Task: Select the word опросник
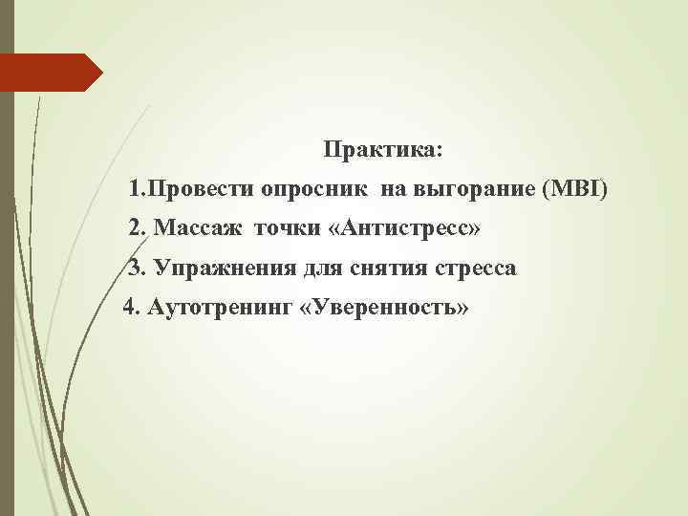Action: (312, 190)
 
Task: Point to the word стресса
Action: (476, 269)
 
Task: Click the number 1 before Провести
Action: (136, 190)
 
